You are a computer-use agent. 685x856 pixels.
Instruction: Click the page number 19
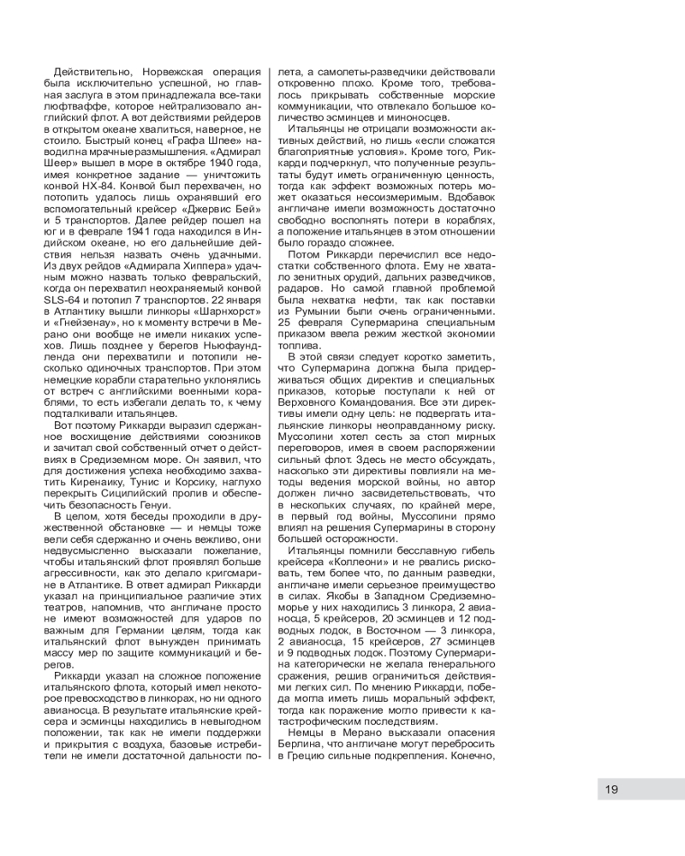point(611,789)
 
